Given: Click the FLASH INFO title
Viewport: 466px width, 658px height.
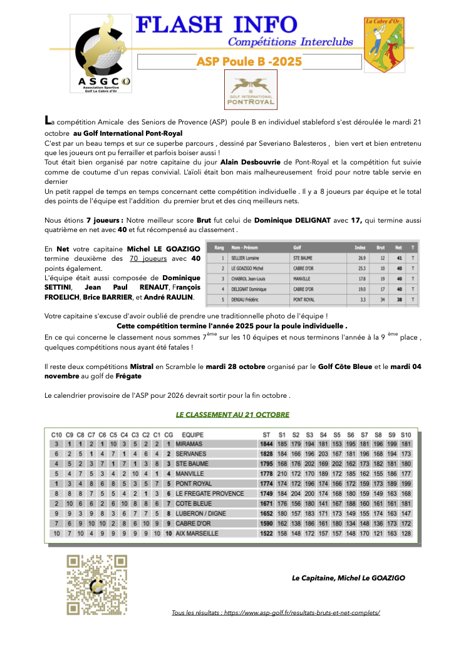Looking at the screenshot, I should (x=217, y=24).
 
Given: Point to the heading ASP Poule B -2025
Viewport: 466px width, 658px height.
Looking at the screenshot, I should (x=249, y=61).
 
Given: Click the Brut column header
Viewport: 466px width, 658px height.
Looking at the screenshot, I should (x=381, y=246).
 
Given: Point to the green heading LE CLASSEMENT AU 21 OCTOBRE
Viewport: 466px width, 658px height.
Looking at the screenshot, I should (x=232, y=414).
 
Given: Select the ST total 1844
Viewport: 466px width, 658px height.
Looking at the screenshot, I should (x=266, y=443).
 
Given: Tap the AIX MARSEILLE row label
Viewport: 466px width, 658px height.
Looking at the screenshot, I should (x=197, y=534).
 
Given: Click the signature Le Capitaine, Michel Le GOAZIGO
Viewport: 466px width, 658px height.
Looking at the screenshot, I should (x=348, y=578).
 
